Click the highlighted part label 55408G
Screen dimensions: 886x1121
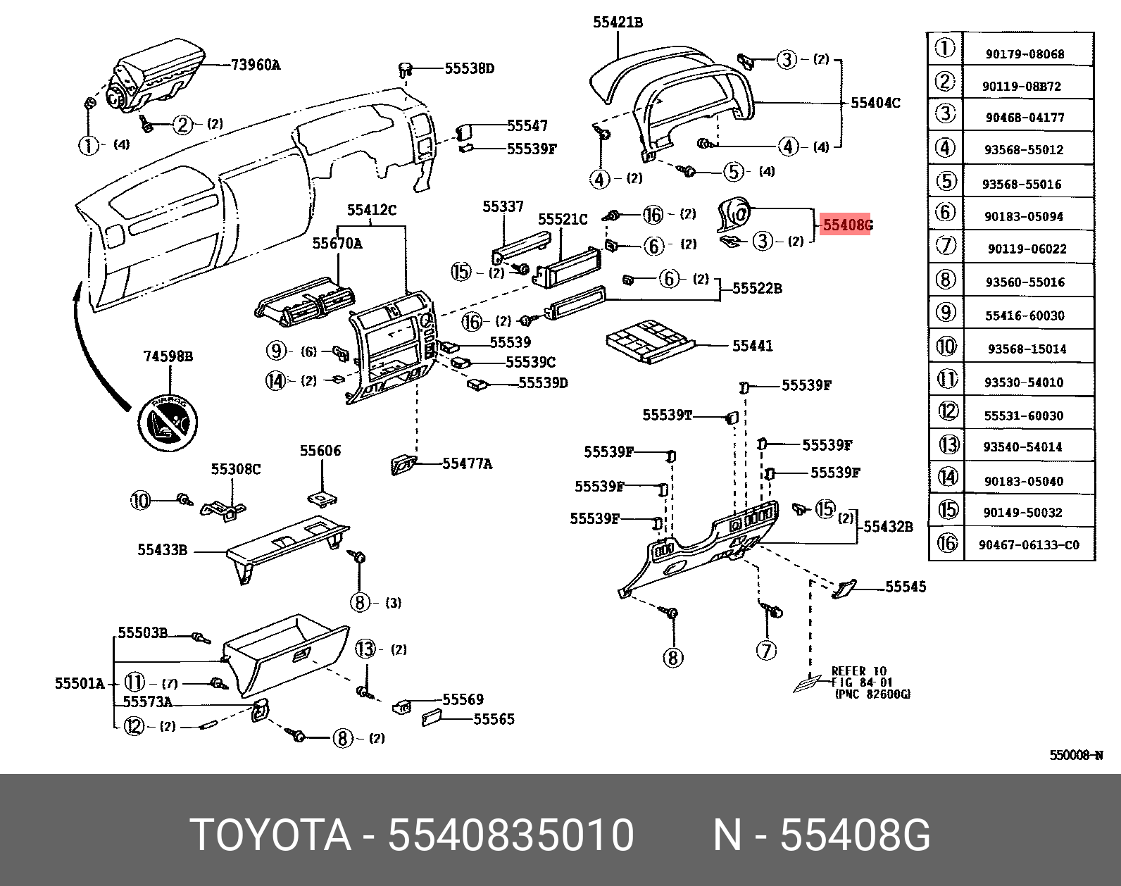click(x=847, y=225)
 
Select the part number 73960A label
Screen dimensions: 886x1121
click(x=255, y=65)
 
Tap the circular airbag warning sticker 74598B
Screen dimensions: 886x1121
click(x=168, y=420)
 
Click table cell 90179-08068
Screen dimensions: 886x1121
click(x=1025, y=54)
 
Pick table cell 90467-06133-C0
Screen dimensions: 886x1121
click(x=1028, y=545)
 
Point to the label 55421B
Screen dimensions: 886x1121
click(x=618, y=23)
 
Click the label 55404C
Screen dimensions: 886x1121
click(x=875, y=103)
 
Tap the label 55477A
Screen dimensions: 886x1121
click(x=467, y=463)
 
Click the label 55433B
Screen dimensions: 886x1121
click(x=162, y=551)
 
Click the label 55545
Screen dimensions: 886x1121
click(x=906, y=587)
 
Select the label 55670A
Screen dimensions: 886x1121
click(x=337, y=243)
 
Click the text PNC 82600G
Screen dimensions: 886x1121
click(x=872, y=694)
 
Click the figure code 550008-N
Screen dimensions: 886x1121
click(x=1075, y=755)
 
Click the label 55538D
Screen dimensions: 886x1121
click(x=469, y=68)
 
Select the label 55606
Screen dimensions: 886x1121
click(x=320, y=451)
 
